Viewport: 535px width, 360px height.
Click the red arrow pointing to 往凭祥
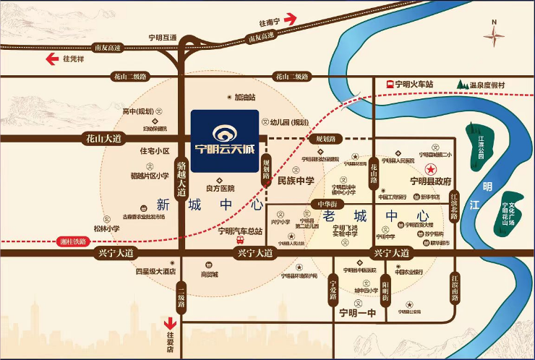53,59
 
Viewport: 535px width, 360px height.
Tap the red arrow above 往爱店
171,323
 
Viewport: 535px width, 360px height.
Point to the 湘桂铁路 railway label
71,241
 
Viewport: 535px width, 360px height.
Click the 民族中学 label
296,181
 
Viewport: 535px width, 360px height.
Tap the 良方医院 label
221,187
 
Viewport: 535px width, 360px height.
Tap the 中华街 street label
328,205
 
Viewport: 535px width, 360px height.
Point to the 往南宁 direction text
278,22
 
